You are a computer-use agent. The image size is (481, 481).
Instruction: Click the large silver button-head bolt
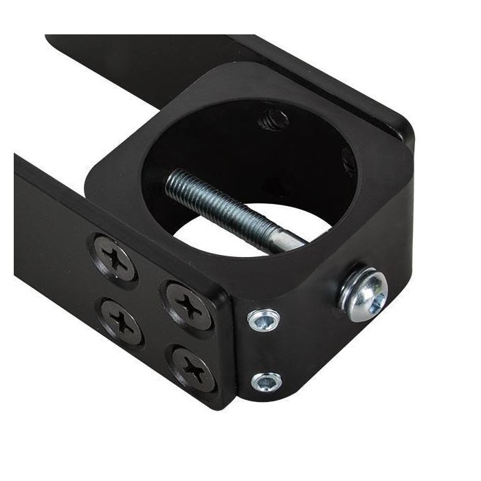[x=362, y=295]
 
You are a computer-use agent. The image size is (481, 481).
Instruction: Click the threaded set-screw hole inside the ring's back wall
[x=272, y=120]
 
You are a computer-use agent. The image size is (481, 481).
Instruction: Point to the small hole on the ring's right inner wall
[x=349, y=162]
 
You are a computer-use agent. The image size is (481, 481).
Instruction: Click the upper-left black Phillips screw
[x=113, y=256]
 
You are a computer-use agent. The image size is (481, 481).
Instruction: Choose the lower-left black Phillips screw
[x=122, y=321]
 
